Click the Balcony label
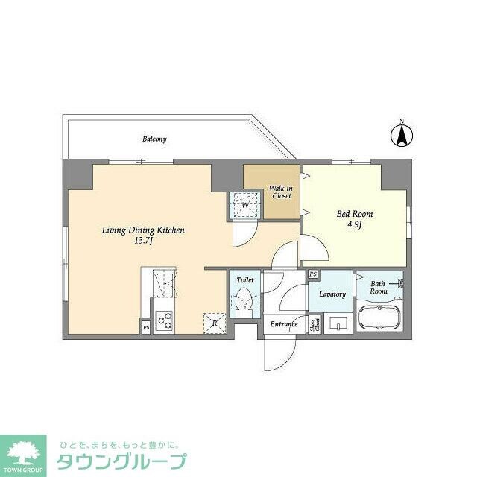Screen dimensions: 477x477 (x=154, y=139)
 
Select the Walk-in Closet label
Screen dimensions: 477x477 (x=280, y=192)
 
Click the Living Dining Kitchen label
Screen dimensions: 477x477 (x=143, y=236)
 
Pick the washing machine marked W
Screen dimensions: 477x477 (x=244, y=204)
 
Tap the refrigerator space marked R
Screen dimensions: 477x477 (x=215, y=322)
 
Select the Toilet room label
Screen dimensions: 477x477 (x=245, y=280)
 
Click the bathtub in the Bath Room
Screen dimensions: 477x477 (x=381, y=319)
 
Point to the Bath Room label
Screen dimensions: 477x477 (x=379, y=287)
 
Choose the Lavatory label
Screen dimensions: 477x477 (x=332, y=294)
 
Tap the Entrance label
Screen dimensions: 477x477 (x=284, y=324)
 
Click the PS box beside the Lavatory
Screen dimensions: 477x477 (x=313, y=274)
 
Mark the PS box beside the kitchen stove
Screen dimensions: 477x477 (x=145, y=327)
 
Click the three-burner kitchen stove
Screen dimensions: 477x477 (x=164, y=321)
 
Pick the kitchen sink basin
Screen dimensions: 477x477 (x=165, y=284)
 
